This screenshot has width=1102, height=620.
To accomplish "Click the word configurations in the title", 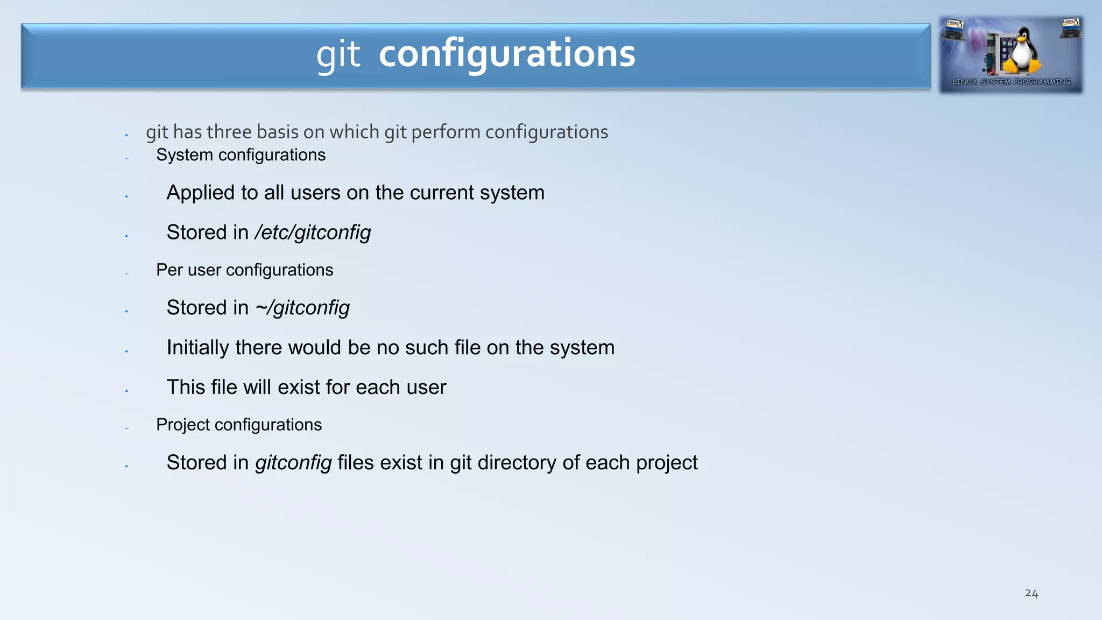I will (x=506, y=54).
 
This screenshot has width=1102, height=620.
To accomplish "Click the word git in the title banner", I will (x=338, y=55).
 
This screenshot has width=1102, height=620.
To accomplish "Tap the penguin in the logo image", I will (x=1020, y=52).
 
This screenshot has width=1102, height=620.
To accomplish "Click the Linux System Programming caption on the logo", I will (x=1011, y=82).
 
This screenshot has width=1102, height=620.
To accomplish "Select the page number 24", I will (x=1031, y=593).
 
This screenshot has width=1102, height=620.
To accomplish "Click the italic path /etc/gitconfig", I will (x=313, y=232).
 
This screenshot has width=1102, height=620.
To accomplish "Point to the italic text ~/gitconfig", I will (x=302, y=308).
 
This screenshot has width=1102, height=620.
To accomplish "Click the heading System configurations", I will (x=241, y=155).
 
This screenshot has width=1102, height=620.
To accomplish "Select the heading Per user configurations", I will (x=244, y=270).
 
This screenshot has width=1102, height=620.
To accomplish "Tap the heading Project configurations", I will (x=239, y=425).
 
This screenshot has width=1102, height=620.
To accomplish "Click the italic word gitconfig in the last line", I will (x=293, y=463).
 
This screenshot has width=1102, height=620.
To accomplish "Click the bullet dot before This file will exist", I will (x=126, y=391).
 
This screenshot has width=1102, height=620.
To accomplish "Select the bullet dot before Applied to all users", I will (x=126, y=196).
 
